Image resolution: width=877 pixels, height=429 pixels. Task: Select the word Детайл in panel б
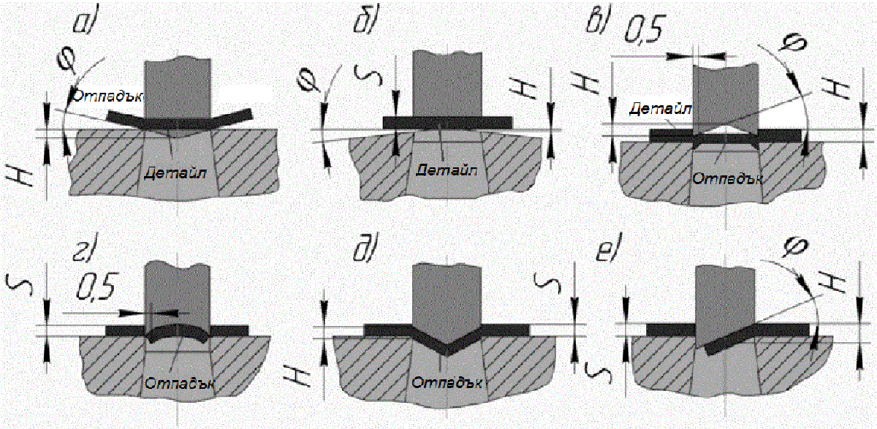447,170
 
